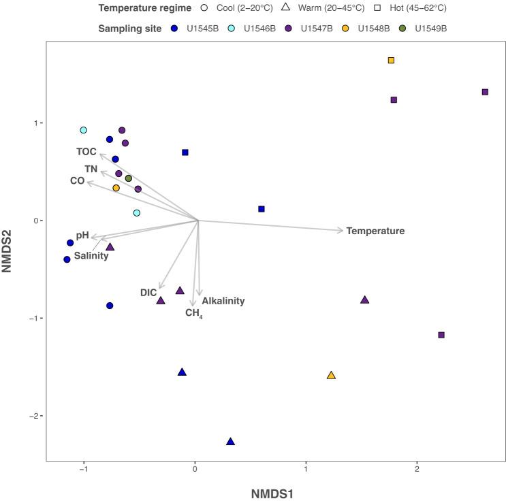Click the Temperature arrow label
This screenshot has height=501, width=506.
(x=375, y=231)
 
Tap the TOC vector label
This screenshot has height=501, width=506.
(x=86, y=151)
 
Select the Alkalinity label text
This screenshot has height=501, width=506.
(x=223, y=300)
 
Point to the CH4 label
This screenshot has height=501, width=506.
(x=194, y=313)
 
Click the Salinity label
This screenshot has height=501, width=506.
(x=91, y=256)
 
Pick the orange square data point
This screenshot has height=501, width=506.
(x=391, y=61)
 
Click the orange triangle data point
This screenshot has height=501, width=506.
(x=331, y=376)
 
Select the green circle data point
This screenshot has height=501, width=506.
(x=128, y=178)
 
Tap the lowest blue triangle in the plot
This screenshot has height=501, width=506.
(x=230, y=442)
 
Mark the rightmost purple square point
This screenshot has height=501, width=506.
(x=485, y=92)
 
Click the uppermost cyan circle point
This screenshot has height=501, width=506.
(x=83, y=130)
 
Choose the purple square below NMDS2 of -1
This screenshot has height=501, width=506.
(x=441, y=335)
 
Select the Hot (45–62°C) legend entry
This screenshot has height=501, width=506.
(x=412, y=8)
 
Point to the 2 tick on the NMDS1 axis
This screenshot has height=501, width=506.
(x=417, y=470)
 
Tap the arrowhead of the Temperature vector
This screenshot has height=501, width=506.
(x=342, y=231)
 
